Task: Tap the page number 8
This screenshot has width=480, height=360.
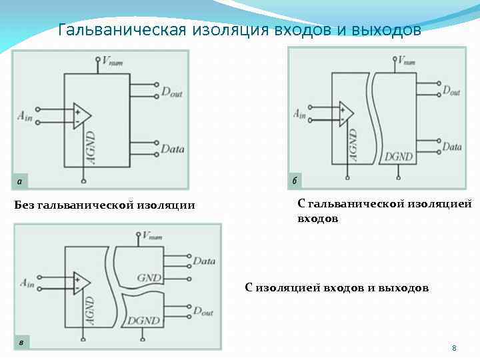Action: click(454, 348)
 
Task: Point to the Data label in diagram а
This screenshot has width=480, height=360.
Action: click(172, 149)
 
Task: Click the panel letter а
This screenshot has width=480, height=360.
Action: click(20, 181)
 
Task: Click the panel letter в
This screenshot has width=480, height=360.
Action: click(21, 343)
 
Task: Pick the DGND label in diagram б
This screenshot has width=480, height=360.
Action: click(399, 157)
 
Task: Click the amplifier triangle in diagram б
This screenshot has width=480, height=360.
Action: click(346, 113)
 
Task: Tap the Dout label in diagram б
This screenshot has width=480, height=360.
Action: click(451, 90)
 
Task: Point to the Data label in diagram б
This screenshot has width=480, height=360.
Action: click(451, 146)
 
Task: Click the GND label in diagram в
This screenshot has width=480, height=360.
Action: click(149, 278)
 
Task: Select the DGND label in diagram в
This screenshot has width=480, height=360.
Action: click(143, 321)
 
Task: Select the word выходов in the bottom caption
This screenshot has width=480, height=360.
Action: click(403, 288)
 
